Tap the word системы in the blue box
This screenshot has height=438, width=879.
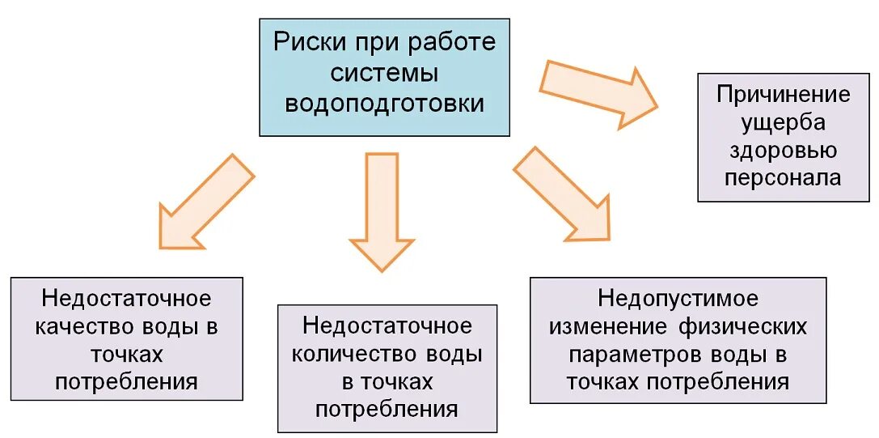point(385,73)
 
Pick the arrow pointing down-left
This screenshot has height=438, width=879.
point(206,202)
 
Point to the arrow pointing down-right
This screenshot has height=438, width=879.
point(562,194)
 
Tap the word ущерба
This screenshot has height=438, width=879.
point(783,122)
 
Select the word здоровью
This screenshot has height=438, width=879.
point(783,150)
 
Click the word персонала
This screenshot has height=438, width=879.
point(783,177)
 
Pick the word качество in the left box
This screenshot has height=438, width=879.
point(88,326)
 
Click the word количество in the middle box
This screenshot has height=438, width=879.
point(349,354)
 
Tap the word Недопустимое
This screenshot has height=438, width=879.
point(678,298)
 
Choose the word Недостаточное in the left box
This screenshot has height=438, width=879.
point(127,298)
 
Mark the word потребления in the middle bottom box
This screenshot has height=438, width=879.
point(387,410)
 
